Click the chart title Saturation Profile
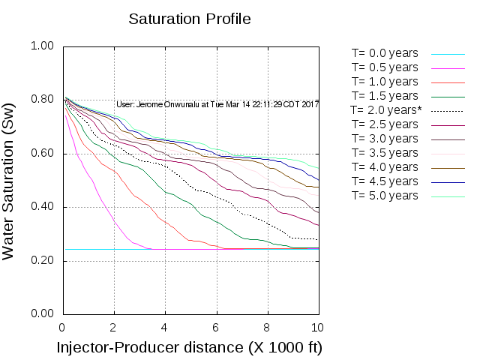189,18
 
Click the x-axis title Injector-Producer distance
190,348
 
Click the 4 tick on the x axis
164,328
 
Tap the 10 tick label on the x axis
317,328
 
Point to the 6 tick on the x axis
215,328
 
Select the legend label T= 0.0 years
385,54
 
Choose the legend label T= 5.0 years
385,196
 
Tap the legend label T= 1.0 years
385,82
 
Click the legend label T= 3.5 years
385,153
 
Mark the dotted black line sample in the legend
448,110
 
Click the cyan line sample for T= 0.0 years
448,54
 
